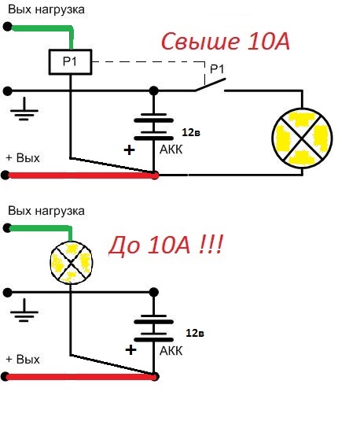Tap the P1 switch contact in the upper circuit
point(210,85)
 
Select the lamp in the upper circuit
point(302,138)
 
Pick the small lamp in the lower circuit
point(72,263)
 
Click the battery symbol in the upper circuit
point(154,126)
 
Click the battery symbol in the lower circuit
point(154,328)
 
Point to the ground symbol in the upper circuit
point(24,109)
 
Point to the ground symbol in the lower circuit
point(24,310)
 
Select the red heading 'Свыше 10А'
point(226,41)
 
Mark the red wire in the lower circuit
point(80,377)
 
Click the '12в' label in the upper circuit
point(191,132)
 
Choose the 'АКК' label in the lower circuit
point(171,351)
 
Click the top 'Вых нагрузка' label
point(46,9)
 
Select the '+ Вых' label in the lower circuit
point(23,360)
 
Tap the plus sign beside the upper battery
point(129,150)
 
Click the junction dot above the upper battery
point(154,91)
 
